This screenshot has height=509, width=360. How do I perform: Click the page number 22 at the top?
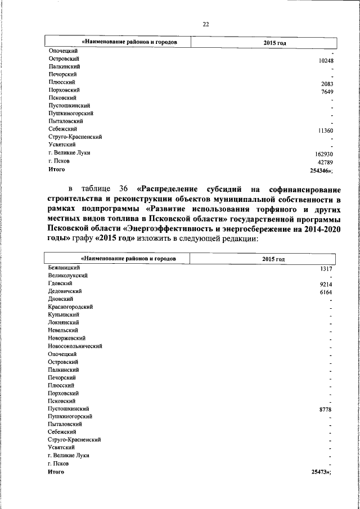[205, 24]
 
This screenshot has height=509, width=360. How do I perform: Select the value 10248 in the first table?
[326, 61]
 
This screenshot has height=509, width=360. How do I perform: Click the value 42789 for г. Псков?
[326, 162]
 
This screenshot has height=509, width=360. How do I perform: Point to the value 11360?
[326, 130]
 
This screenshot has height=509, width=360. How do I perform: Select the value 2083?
[327, 84]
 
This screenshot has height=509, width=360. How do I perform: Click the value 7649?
[327, 92]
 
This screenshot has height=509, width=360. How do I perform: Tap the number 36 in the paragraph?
[124, 188]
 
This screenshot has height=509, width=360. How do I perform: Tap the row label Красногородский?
[70, 307]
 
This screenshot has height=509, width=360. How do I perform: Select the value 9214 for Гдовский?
[327, 285]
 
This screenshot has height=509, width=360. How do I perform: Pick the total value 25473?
[321, 472]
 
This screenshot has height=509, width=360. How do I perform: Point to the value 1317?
[327, 269]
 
